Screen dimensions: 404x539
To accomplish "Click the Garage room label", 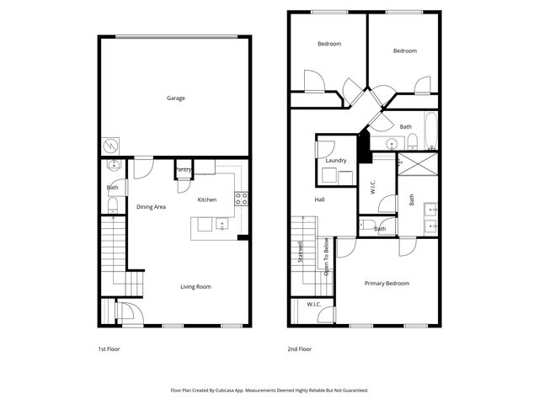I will tap(175, 98).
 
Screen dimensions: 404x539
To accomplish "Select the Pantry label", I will tap(184, 169).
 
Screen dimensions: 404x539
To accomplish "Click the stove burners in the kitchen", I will tap(241, 199).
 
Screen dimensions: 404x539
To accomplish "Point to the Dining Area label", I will tap(151, 207).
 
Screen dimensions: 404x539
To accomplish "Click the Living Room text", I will tap(195, 287).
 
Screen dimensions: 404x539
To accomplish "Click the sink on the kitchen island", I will tap(221, 225).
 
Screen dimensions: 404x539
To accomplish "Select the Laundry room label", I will tap(336, 161).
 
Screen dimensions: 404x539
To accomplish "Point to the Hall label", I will tap(320, 199).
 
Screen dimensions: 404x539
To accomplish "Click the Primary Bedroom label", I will tap(387, 284).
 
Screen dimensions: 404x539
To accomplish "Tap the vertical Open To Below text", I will tap(326, 258).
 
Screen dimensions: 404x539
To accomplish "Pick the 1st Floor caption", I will tap(109, 348).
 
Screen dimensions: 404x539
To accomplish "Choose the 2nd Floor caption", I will tap(299, 348).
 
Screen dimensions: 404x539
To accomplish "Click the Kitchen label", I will tap(207, 199).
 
